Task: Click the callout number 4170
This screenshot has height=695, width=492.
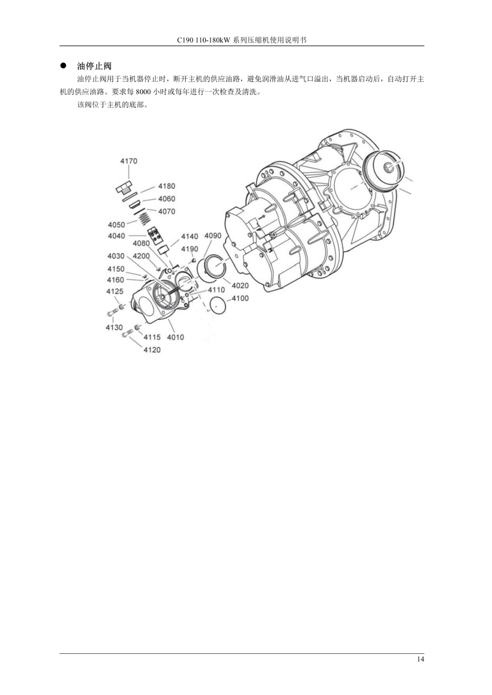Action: (x=129, y=161)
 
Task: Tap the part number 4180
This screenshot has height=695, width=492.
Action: (x=167, y=186)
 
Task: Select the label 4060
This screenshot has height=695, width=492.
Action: (x=167, y=199)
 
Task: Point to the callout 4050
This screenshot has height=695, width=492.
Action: (x=116, y=225)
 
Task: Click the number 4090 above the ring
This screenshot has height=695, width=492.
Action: (x=213, y=236)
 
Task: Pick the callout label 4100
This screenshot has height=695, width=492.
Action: (x=240, y=298)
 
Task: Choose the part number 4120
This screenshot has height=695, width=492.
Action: (x=152, y=350)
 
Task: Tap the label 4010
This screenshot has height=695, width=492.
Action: (x=175, y=337)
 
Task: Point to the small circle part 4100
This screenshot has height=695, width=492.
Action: (x=218, y=304)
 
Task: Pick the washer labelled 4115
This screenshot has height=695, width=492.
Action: (x=137, y=327)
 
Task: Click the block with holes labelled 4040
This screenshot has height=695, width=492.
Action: (x=155, y=235)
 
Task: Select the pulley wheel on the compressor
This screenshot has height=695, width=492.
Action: (x=384, y=171)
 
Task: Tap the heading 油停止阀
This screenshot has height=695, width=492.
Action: (x=94, y=66)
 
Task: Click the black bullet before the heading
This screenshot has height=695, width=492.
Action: (x=64, y=66)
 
